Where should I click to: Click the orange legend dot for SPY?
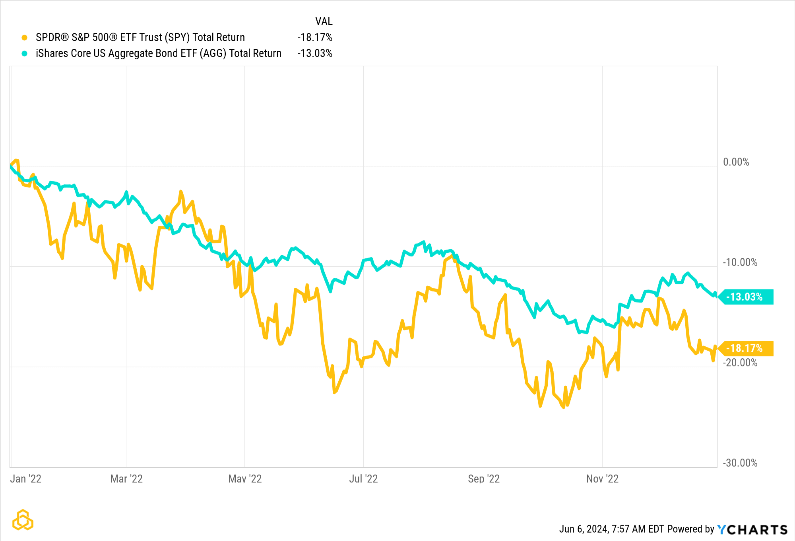pos(25,38)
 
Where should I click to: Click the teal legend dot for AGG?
pos(25,53)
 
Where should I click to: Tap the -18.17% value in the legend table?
pos(314,37)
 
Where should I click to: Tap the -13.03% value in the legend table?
pos(314,53)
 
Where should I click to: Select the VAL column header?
pos(324,21)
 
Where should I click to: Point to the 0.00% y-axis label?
pos(736,162)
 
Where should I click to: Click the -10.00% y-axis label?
pos(740,262)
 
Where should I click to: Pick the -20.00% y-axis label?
pos(740,363)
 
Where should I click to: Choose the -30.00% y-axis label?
pos(740,463)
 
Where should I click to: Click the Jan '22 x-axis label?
pos(25,479)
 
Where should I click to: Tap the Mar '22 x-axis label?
pos(126,479)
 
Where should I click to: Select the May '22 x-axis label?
pos(245,479)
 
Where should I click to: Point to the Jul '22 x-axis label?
pos(363,479)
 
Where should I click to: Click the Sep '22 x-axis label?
pos(484,479)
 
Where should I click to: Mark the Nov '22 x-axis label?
pos(602,479)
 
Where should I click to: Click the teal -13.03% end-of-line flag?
pos(747,297)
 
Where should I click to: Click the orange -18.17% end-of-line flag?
pos(747,348)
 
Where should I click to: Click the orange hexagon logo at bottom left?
pos(23,520)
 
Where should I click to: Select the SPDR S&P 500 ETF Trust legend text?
pos(140,37)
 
